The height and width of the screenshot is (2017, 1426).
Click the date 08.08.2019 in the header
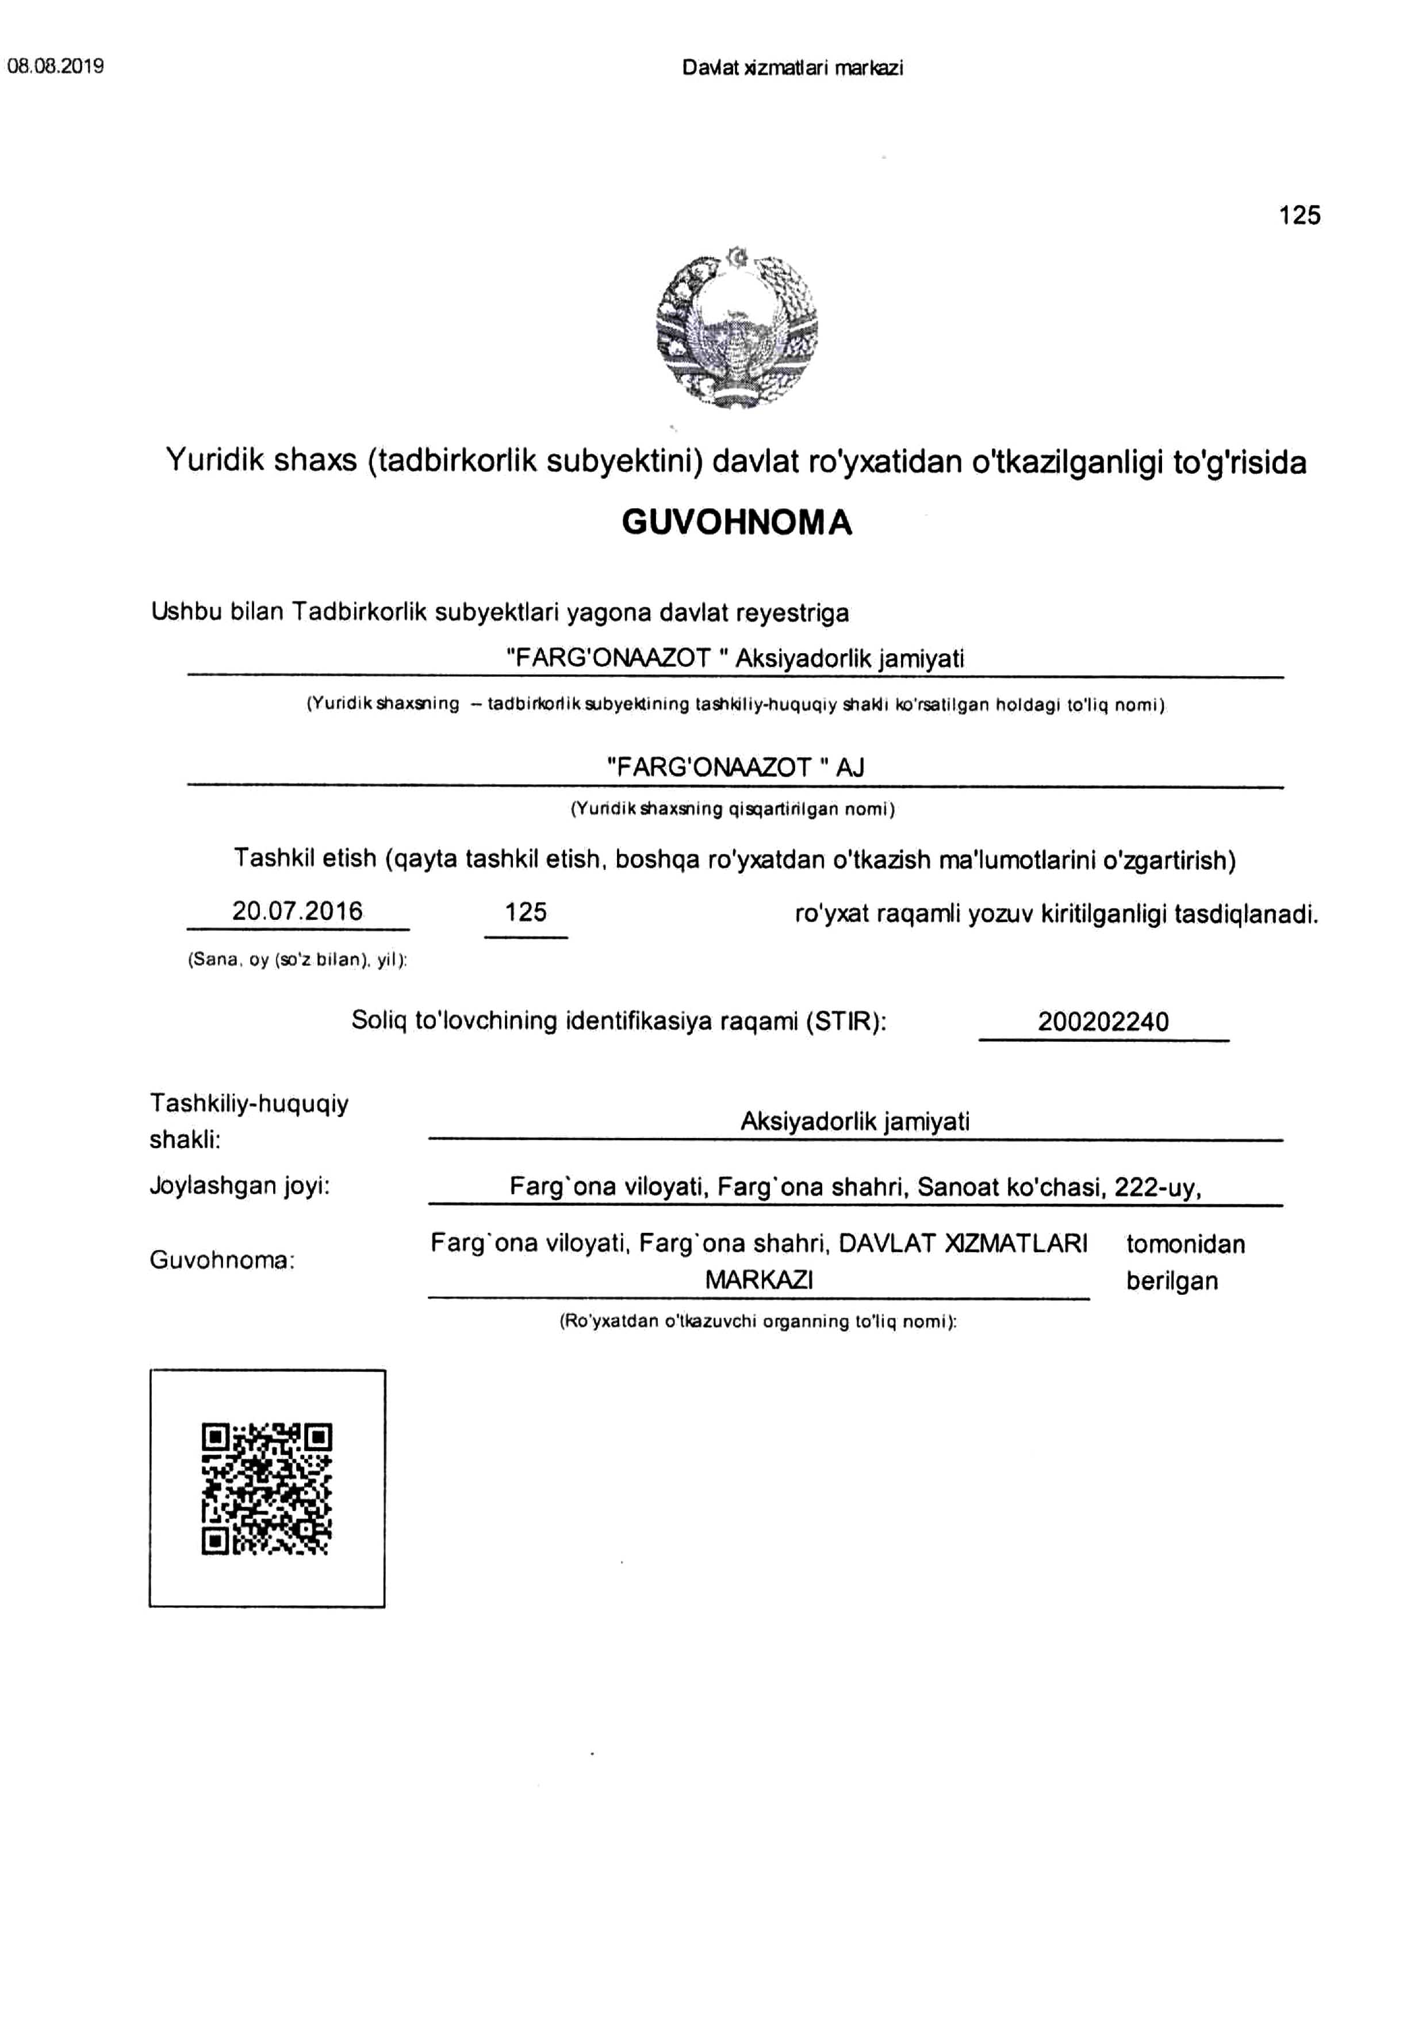(x=55, y=66)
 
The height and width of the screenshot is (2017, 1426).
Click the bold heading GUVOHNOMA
(x=736, y=523)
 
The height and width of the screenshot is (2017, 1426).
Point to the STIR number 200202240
(x=1103, y=1022)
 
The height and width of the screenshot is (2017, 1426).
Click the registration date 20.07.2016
(x=297, y=911)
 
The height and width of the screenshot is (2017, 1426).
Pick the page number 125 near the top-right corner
(x=1299, y=215)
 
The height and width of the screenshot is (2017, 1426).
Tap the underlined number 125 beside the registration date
(x=526, y=912)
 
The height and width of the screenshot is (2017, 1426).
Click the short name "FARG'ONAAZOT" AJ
(x=735, y=767)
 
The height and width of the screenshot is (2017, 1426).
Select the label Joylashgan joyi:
(x=239, y=1186)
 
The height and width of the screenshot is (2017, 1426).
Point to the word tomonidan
(x=1185, y=1244)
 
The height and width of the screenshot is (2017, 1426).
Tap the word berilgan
(x=1172, y=1281)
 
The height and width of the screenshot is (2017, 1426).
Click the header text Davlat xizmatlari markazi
(x=792, y=68)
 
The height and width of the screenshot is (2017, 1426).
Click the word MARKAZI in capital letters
(x=759, y=1280)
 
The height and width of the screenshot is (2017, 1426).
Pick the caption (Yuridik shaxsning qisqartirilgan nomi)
(x=733, y=809)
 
